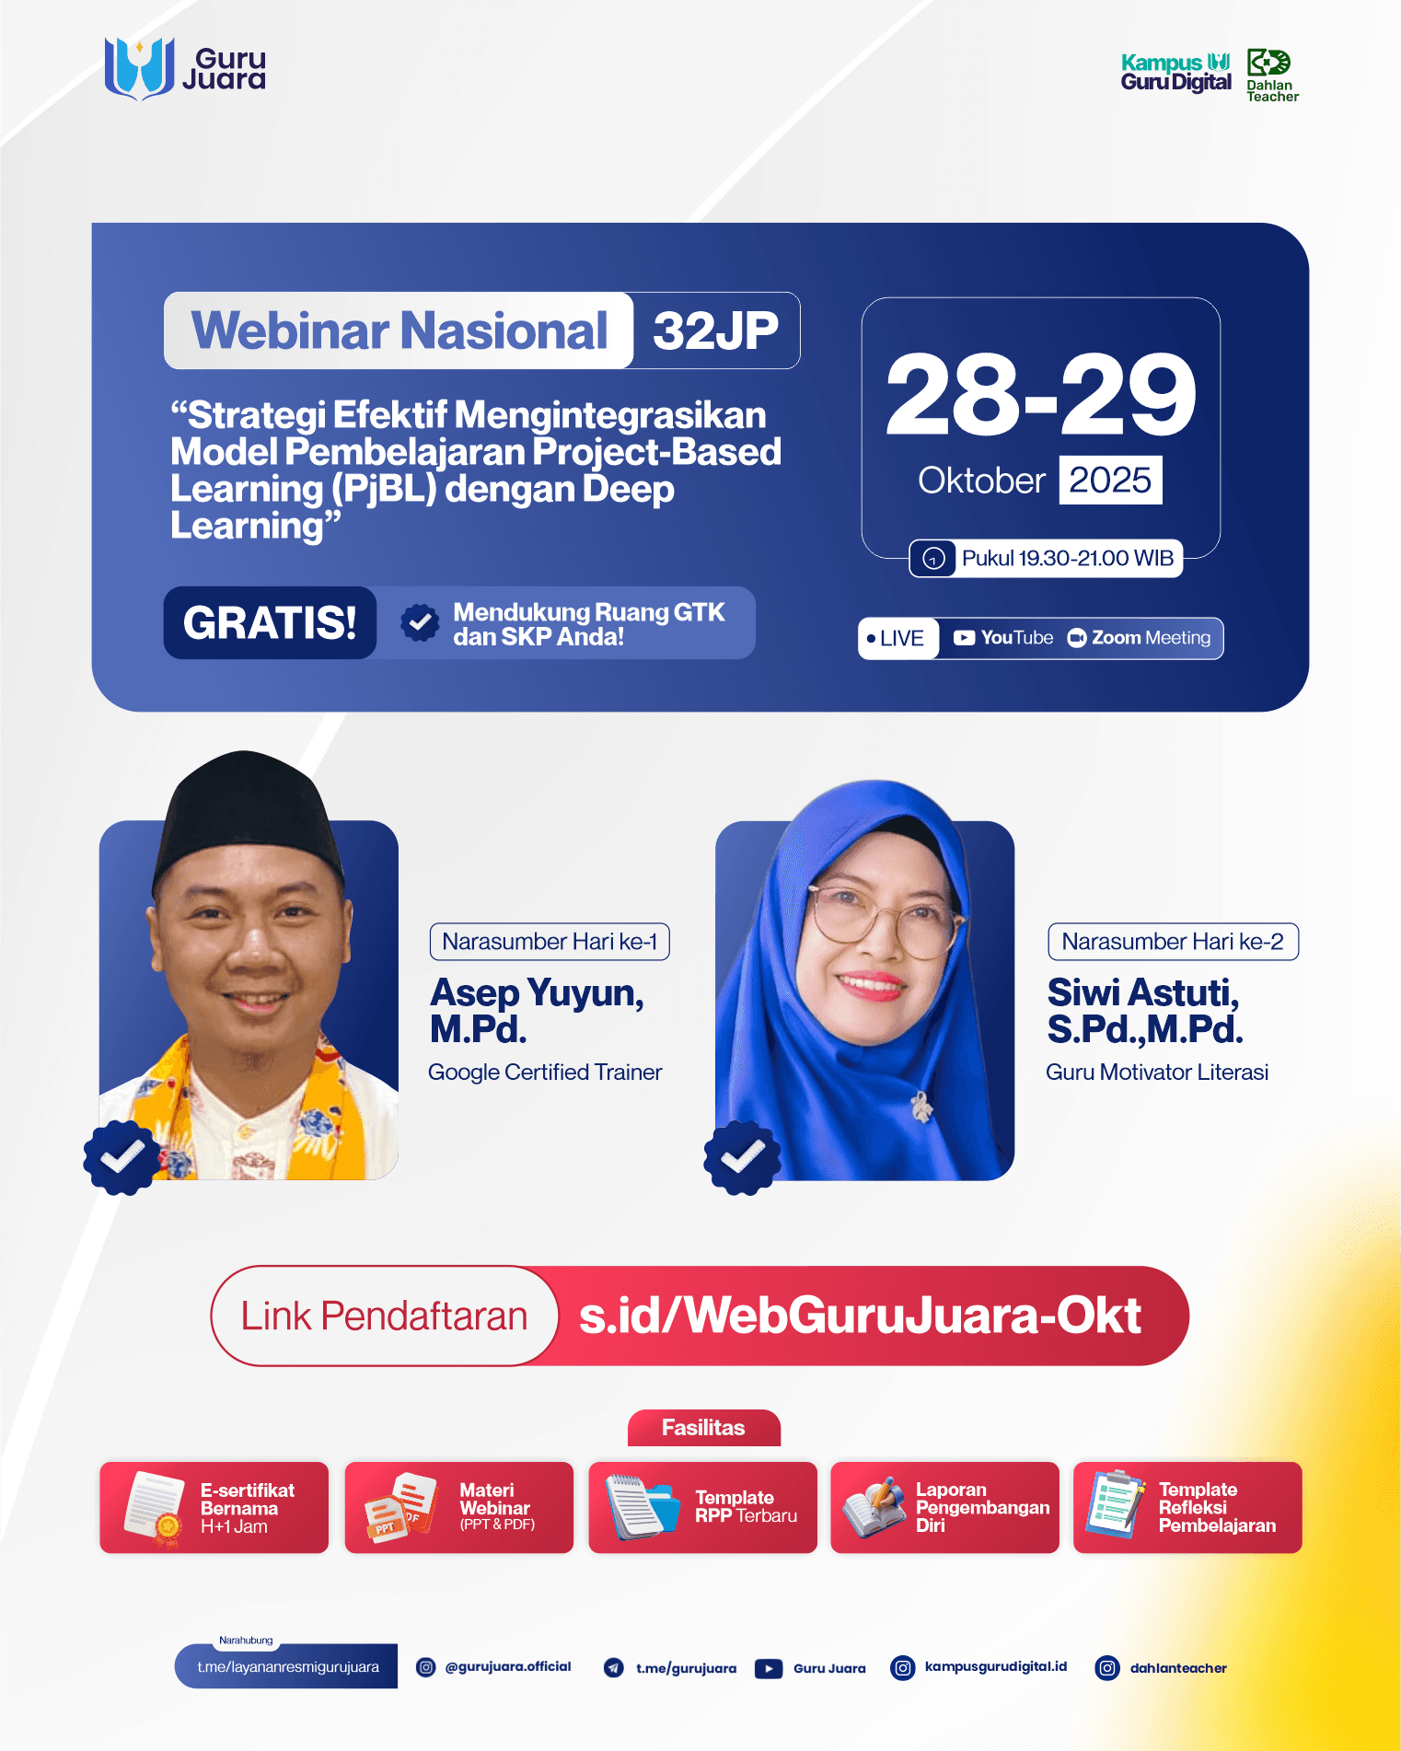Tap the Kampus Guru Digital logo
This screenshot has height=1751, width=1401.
[1175, 73]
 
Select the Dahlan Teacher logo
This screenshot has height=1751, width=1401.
[1271, 75]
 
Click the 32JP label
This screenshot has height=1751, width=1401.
[715, 330]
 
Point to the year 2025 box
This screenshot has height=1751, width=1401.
[1110, 481]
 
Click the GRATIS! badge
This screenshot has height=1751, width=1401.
[270, 623]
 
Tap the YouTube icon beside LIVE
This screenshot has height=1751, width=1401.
[964, 638]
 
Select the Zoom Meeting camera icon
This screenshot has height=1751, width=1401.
[1076, 638]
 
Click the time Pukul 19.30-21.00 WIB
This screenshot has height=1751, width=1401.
[1066, 558]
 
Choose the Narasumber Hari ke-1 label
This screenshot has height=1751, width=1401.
[550, 942]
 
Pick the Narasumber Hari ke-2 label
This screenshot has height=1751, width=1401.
[1172, 942]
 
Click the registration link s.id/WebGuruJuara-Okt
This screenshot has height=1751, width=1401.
[860, 1316]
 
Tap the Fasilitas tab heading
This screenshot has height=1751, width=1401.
[703, 1428]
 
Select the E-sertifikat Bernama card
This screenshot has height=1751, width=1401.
[214, 1507]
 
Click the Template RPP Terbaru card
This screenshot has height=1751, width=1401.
[702, 1507]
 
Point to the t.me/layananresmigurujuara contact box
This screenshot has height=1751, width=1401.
[286, 1666]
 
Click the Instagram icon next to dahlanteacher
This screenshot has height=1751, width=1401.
[1107, 1667]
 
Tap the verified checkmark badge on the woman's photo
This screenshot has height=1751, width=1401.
[742, 1157]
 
